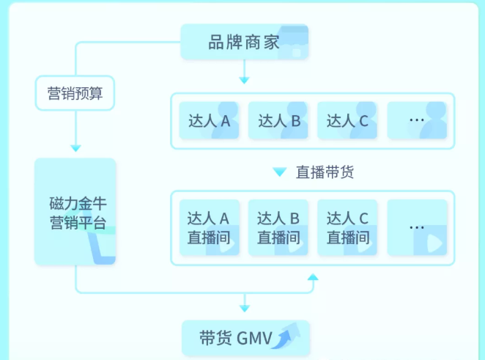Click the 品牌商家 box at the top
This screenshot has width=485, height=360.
tap(244, 43)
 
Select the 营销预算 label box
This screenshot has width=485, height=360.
tap(75, 94)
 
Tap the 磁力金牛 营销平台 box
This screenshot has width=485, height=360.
tap(75, 212)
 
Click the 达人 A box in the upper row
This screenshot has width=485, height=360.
tap(209, 121)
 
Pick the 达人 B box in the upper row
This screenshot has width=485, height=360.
tap(278, 121)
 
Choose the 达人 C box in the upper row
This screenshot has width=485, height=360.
tap(347, 121)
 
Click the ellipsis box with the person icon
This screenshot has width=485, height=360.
tap(417, 120)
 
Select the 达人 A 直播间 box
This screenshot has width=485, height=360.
tap(209, 227)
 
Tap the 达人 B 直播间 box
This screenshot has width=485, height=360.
tap(278, 227)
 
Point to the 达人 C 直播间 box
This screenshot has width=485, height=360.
tap(347, 227)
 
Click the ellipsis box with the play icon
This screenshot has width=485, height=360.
tap(417, 227)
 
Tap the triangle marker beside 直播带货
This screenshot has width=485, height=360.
tap(279, 172)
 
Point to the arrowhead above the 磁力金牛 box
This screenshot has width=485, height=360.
tap(75, 148)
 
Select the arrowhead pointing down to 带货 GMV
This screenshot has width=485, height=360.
tap(245, 309)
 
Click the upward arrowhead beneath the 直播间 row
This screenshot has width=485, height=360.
tap(313, 277)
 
